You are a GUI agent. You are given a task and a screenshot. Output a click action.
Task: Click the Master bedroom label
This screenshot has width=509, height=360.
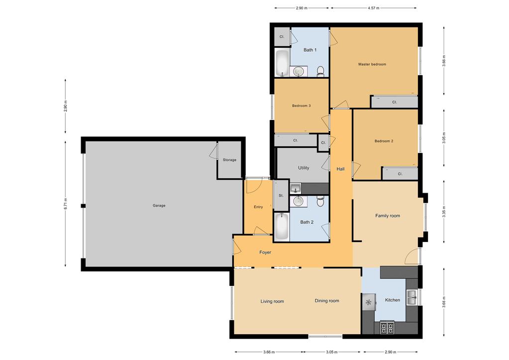point(372,64)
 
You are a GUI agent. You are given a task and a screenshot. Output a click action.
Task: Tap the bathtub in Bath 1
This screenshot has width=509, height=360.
point(282,63)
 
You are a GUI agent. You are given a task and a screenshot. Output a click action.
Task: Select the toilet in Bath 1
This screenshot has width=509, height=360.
point(320,71)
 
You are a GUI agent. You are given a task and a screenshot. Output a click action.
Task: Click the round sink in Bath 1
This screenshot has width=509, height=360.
point(299,72)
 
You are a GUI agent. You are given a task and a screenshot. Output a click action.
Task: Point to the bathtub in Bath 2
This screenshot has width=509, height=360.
point(282,227)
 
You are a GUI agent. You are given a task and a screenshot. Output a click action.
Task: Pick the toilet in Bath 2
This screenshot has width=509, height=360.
point(320,201)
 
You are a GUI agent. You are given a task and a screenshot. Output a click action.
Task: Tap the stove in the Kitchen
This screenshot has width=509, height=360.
point(387,328)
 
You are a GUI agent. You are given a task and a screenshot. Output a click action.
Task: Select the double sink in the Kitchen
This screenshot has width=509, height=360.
point(411,298)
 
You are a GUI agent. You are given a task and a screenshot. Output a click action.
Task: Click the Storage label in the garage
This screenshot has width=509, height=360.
point(229,160)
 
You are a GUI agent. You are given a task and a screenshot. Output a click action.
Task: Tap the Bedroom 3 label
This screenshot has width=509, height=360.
point(301,106)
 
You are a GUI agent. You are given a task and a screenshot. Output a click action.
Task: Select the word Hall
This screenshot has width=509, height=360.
point(340,169)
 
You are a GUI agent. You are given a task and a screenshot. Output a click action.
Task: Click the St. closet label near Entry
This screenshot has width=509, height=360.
point(281,196)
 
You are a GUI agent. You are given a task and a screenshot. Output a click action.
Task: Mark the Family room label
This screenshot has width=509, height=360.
point(387,216)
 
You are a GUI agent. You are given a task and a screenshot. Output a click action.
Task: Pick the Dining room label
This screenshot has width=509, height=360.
point(326,301)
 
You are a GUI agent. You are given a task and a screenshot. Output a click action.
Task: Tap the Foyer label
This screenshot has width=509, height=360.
point(265,252)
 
